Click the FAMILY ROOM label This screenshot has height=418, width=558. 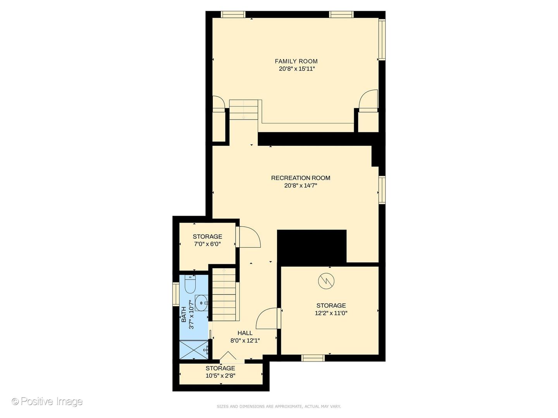pyautogui.click(x=296, y=61)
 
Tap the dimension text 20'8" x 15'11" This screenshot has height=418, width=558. pyautogui.click(x=297, y=69)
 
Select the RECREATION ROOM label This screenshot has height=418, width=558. pyautogui.click(x=301, y=178)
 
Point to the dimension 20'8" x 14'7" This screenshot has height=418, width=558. pyautogui.click(x=301, y=185)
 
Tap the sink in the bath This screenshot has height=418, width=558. pyautogui.click(x=201, y=303)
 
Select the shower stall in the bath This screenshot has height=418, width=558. pyautogui.click(x=194, y=350)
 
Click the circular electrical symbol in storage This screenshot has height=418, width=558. pyautogui.click(x=326, y=281)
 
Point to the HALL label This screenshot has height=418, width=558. pyautogui.click(x=245, y=333)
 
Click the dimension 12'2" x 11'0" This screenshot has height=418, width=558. pyautogui.click(x=331, y=313)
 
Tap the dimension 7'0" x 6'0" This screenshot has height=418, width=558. pyautogui.click(x=207, y=244)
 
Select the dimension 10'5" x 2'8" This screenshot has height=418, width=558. pyautogui.click(x=220, y=375)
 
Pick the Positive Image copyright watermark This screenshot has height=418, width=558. pyautogui.click(x=47, y=401)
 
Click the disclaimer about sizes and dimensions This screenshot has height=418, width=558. pyautogui.click(x=279, y=406)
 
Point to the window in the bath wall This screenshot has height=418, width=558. pyautogui.click(x=176, y=294)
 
